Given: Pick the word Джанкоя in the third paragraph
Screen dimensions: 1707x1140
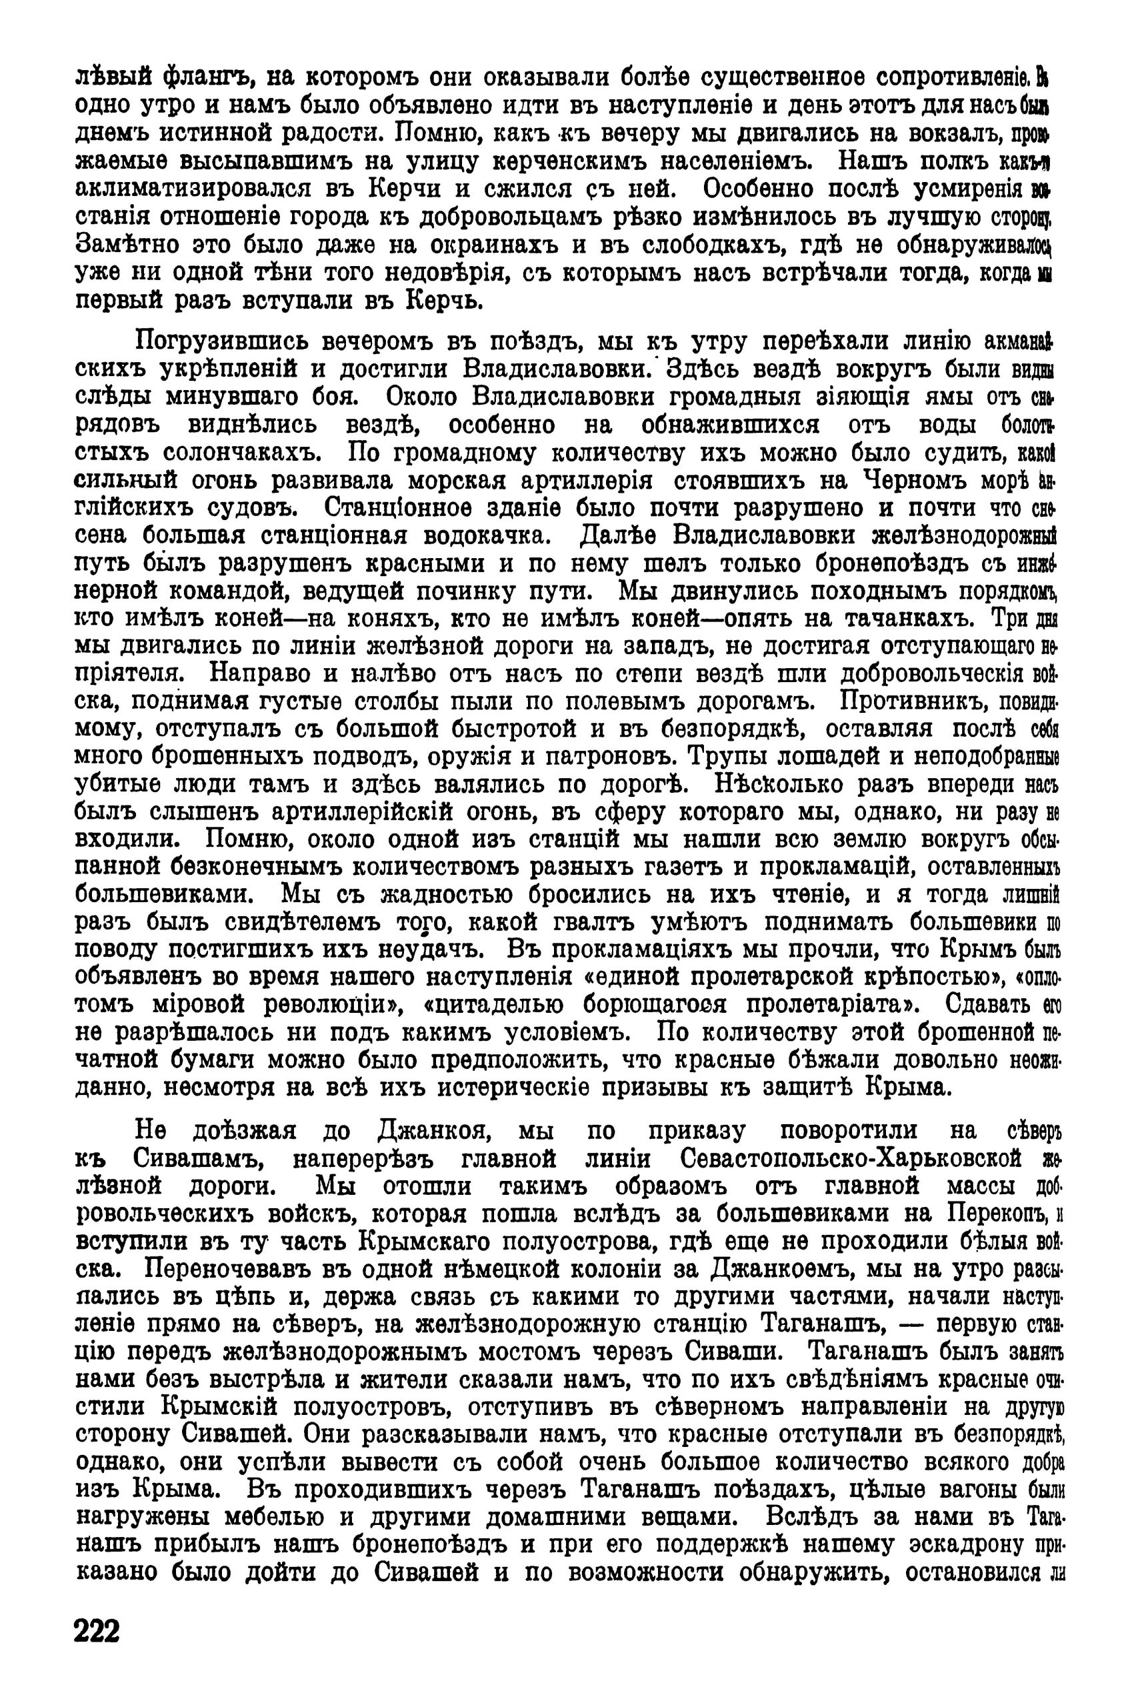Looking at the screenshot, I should (x=435, y=1131).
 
